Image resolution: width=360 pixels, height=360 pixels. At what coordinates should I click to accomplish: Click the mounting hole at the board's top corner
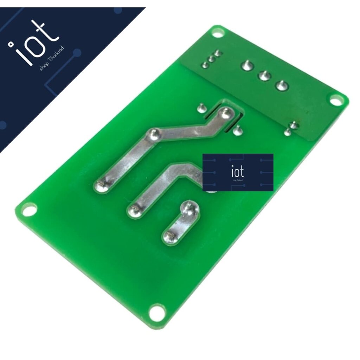218,33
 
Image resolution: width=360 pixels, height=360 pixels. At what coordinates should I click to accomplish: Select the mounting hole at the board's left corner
28,210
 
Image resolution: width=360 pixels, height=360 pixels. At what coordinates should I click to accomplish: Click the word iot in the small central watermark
238,172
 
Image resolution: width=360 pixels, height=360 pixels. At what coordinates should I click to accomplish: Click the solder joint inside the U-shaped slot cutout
226,113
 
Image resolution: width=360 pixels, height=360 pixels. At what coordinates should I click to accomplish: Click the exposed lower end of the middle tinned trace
134,210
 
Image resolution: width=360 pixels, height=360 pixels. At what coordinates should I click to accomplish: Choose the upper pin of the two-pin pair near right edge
293,125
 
